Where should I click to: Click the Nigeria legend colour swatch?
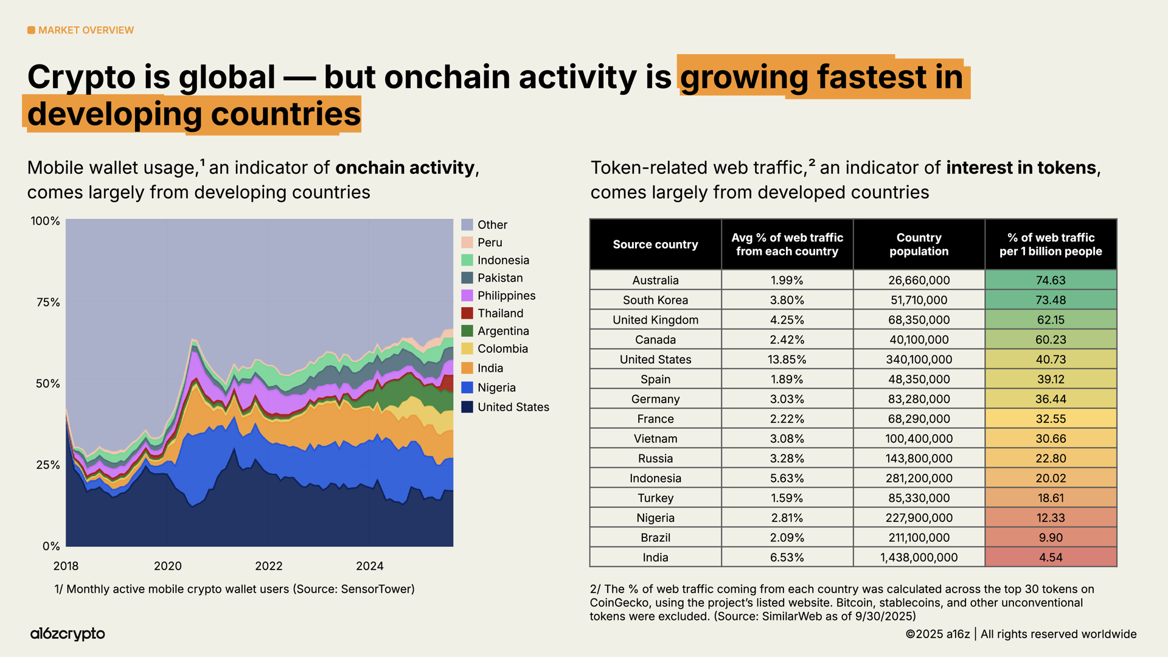[467, 388]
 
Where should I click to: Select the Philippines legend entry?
[506, 296]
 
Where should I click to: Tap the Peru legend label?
[490, 243]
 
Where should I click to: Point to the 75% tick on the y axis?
[48, 302]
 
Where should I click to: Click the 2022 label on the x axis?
[269, 566]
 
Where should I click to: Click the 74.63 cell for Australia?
[1051, 280]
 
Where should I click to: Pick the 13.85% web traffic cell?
[787, 360]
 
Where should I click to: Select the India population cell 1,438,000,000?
[919, 557]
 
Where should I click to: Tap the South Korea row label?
[655, 300]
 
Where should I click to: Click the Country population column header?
[919, 245]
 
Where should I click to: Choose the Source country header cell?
[655, 245]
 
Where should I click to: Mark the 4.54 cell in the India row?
[1051, 557]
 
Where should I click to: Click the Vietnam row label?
[655, 439]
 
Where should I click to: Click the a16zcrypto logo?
[68, 634]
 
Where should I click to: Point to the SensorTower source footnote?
[234, 589]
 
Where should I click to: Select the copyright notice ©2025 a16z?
[937, 634]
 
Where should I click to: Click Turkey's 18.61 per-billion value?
[1051, 498]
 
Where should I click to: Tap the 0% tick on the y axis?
[51, 546]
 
